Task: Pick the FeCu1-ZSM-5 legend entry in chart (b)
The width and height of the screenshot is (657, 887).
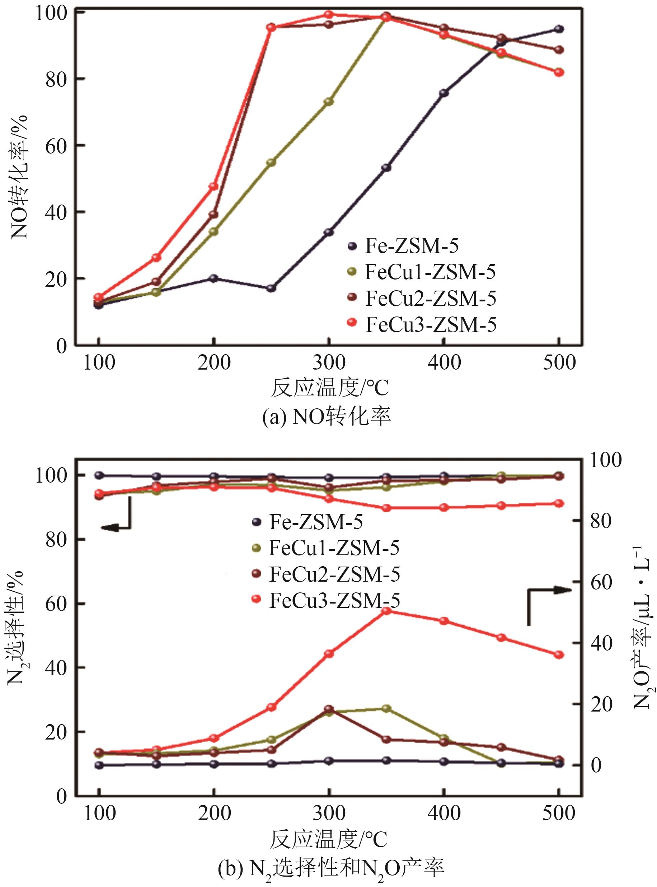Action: pos(326,548)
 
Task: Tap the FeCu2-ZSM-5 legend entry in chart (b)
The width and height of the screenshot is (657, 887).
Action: pos(326,574)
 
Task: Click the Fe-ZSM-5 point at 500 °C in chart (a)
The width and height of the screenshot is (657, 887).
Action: pos(559,29)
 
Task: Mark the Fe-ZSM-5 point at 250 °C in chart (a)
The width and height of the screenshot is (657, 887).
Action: pos(271,288)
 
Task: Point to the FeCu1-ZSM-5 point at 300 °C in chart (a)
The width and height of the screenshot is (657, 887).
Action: pos(329,102)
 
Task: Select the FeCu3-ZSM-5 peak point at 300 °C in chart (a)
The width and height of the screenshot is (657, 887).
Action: pos(329,15)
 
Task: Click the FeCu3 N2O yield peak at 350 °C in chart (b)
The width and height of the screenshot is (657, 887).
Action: pos(386,611)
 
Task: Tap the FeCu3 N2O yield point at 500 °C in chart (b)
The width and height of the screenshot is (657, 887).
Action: pos(559,655)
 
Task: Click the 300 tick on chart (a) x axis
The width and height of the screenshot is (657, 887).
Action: pos(329,363)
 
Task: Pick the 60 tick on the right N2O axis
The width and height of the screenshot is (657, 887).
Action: pos(601,583)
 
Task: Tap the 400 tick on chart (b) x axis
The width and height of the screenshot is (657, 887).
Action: pos(444,813)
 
